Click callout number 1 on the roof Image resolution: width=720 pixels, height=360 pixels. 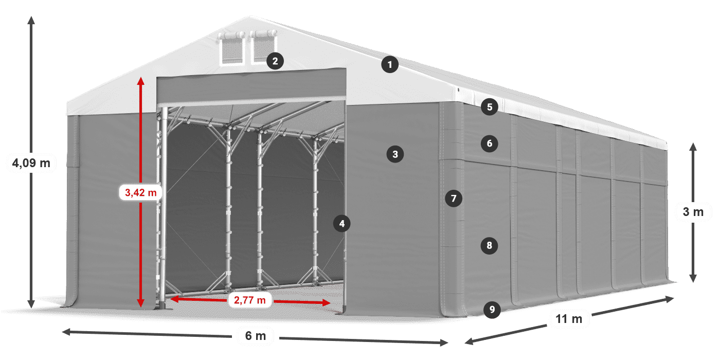pyautogui.click(x=390, y=65)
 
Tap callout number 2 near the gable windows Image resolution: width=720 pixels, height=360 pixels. pyautogui.click(x=275, y=62)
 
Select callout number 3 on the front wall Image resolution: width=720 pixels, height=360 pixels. pyautogui.click(x=395, y=154)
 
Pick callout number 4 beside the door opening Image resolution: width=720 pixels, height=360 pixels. pyautogui.click(x=341, y=223)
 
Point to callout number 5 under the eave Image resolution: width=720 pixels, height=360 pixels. pyautogui.click(x=490, y=107)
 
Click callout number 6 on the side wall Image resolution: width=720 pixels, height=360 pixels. pyautogui.click(x=490, y=143)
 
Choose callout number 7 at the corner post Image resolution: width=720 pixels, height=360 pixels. pyautogui.click(x=453, y=198)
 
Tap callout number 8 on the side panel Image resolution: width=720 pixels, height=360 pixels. pyautogui.click(x=489, y=246)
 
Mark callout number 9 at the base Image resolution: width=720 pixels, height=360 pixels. pyautogui.click(x=492, y=309)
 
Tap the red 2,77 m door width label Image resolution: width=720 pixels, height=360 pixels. pyautogui.click(x=250, y=300)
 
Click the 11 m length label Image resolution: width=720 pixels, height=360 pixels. pyautogui.click(x=569, y=319)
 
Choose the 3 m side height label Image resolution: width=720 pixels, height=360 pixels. pyautogui.click(x=693, y=212)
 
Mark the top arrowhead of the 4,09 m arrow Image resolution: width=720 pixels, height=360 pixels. pyautogui.click(x=31, y=20)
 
